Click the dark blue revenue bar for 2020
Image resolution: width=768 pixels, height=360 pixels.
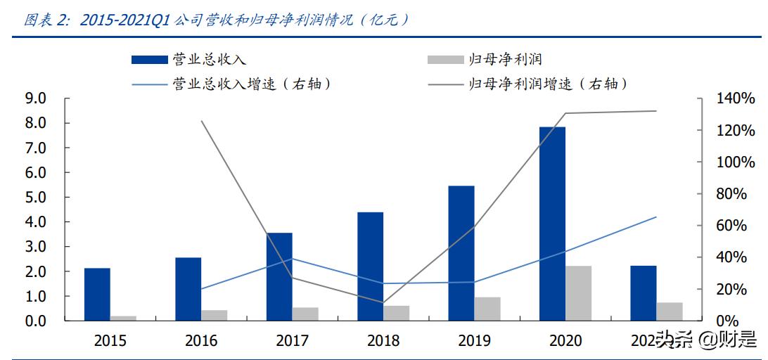(x=552, y=224)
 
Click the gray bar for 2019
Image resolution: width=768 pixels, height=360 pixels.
(x=487, y=309)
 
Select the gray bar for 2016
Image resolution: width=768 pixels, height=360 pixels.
(x=215, y=315)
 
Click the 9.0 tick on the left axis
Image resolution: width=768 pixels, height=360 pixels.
(x=35, y=98)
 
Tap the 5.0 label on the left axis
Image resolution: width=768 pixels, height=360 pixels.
(x=35, y=198)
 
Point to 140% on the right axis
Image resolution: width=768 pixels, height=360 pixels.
(x=736, y=99)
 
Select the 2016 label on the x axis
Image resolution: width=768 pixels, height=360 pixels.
(x=201, y=341)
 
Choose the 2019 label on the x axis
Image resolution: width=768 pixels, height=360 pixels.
(x=474, y=341)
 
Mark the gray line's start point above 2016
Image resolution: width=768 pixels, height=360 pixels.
(x=202, y=121)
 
